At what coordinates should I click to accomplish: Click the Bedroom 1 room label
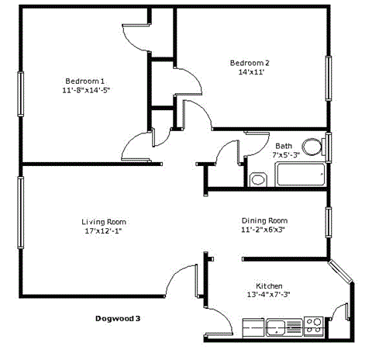tap(84, 80)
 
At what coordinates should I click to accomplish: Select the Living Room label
tap(103, 220)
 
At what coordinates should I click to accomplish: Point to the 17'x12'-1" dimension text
tap(103, 230)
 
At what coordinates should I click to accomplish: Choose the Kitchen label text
tap(269, 285)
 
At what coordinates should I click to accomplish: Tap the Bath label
tap(284, 145)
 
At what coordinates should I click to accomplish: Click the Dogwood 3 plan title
tap(119, 318)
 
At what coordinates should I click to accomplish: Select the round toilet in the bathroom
tap(312, 147)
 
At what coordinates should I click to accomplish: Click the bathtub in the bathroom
tap(301, 175)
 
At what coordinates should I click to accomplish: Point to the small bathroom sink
tap(257, 180)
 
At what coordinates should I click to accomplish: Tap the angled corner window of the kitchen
tap(342, 272)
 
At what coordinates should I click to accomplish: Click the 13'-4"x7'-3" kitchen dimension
tap(268, 295)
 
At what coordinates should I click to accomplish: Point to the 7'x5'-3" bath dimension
tap(285, 154)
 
